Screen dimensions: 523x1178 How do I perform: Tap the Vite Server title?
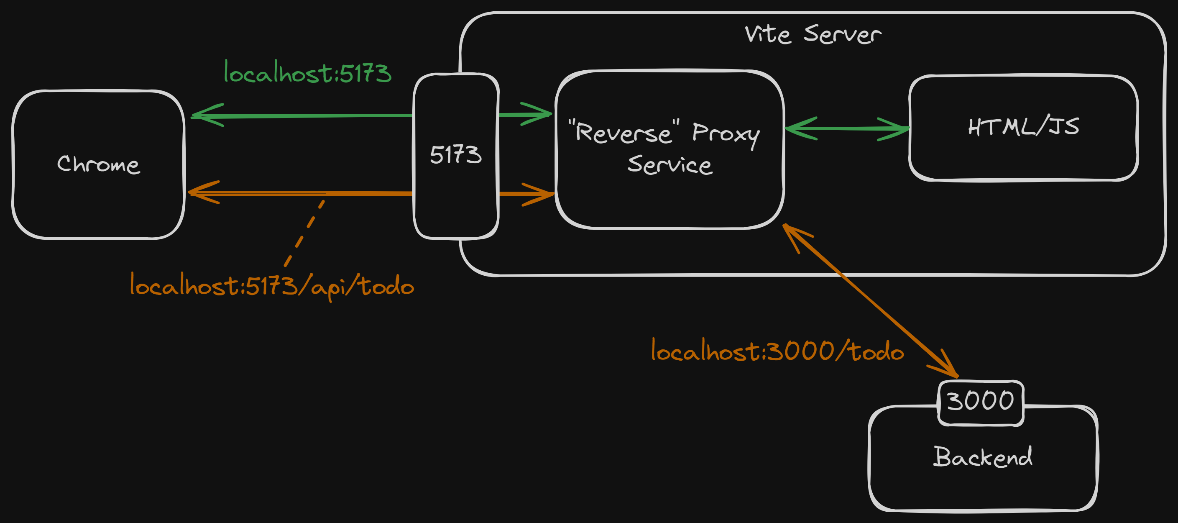813,34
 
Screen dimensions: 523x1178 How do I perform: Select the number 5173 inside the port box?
455,154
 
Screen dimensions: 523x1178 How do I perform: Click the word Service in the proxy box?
669,165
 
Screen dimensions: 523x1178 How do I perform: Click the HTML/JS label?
1023,127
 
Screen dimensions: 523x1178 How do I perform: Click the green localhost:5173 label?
307,73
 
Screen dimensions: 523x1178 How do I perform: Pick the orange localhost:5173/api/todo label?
272,286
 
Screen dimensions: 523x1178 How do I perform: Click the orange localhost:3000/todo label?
777,351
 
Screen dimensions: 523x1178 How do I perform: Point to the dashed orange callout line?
304,233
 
